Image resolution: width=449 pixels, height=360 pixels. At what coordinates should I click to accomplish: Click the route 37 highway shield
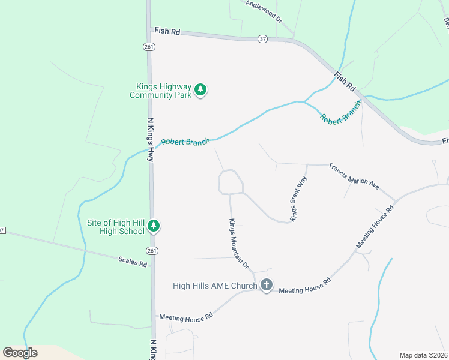click(x=262, y=38)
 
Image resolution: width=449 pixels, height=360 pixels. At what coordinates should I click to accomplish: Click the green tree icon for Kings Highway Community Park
click(x=200, y=91)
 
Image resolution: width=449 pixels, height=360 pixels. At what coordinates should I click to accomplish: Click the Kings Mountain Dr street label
click(x=238, y=244)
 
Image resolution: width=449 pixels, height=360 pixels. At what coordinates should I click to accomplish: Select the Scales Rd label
click(x=133, y=262)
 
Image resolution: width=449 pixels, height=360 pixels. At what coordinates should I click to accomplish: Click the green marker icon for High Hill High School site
click(x=154, y=226)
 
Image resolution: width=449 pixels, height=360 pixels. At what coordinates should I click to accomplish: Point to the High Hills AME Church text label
click(x=215, y=286)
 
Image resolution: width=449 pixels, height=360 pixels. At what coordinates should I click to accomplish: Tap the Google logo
click(x=20, y=353)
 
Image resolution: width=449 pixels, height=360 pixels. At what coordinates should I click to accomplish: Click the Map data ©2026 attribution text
click(x=424, y=355)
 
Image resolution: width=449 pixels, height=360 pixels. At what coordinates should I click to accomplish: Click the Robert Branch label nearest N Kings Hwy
click(x=186, y=142)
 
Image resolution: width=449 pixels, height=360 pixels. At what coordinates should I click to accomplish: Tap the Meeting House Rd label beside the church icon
click(x=305, y=286)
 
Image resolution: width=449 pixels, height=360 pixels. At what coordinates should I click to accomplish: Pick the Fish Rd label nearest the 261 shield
click(x=167, y=31)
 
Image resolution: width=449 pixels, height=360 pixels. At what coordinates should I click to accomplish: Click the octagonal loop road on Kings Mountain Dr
click(x=231, y=182)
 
